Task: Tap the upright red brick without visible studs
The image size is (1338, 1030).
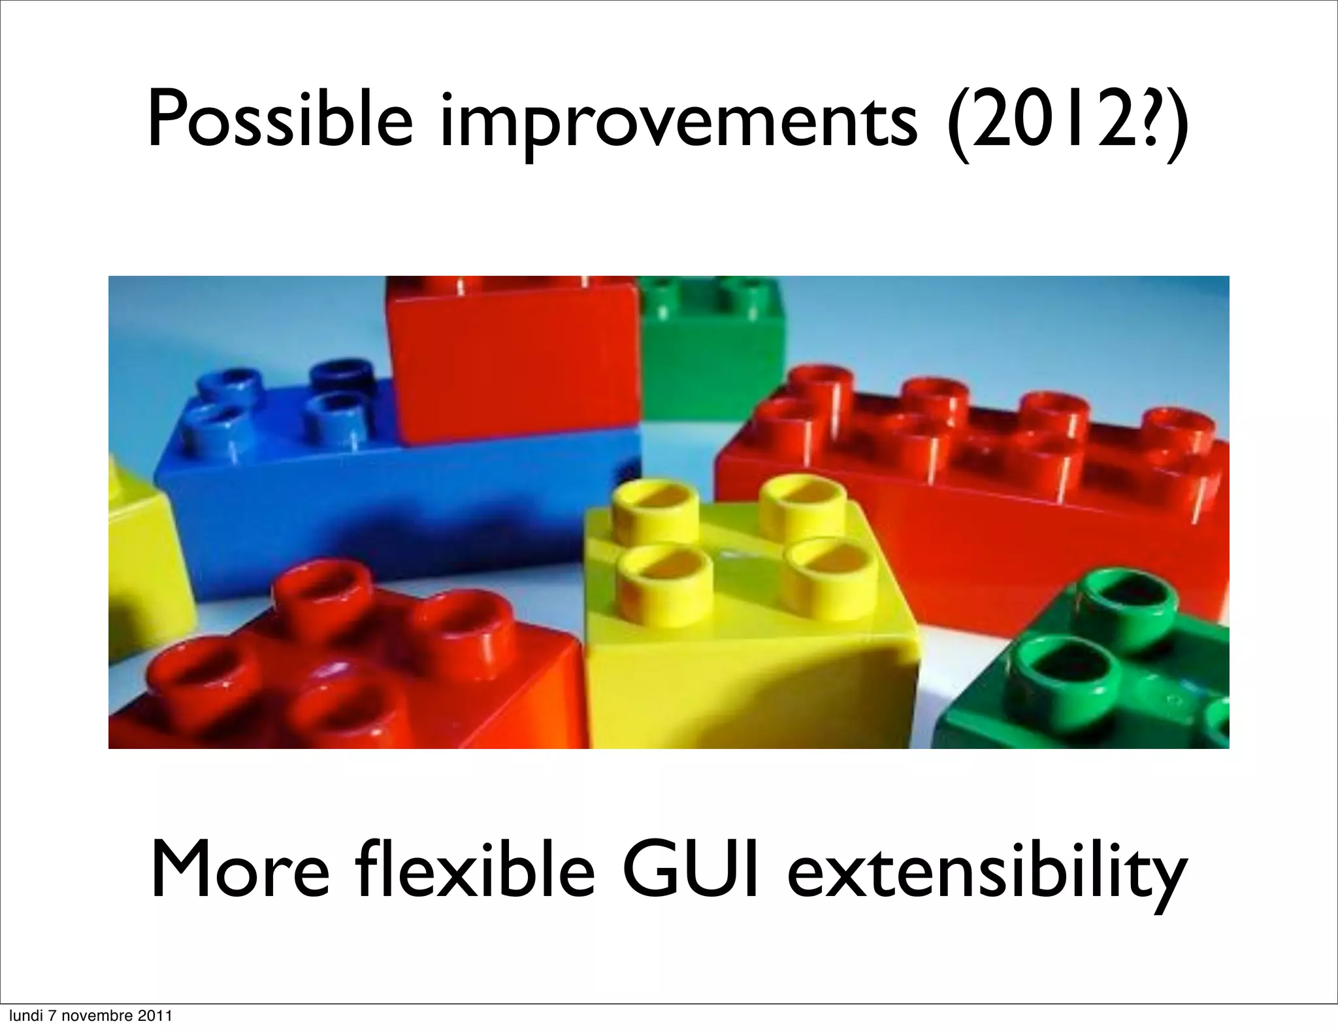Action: [516, 366]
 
